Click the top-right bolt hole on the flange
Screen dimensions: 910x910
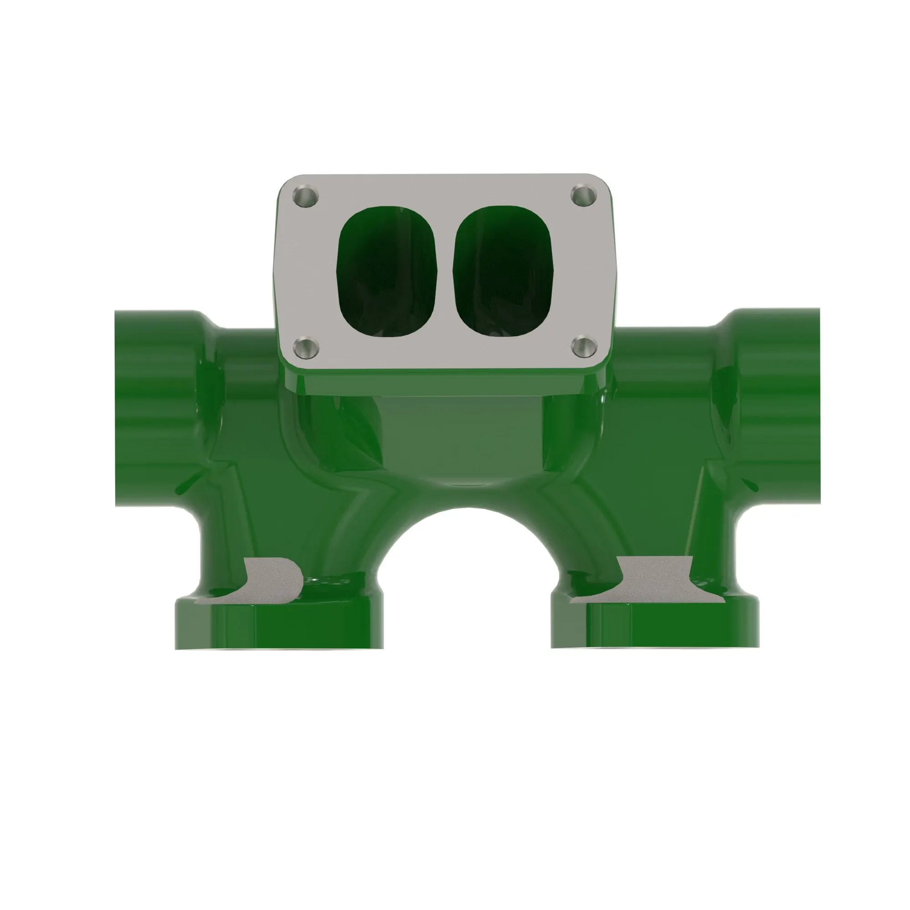[584, 195]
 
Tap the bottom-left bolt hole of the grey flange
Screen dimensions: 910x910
[306, 348]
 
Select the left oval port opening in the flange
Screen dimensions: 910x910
[387, 272]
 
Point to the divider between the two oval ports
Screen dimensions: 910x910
[445, 272]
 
